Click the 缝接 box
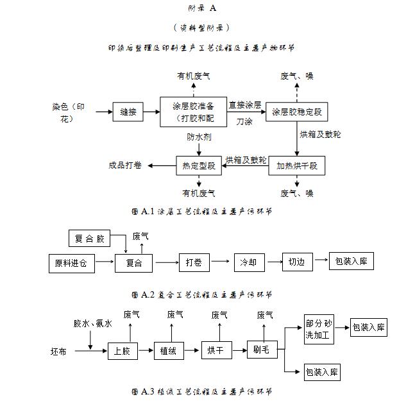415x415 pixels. [x=128, y=112]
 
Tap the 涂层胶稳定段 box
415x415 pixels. [x=297, y=112]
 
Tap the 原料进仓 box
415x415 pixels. [x=71, y=263]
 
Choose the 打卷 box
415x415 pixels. [x=194, y=262]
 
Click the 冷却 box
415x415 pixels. [x=248, y=262]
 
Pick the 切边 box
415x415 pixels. [x=296, y=262]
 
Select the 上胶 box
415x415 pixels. [x=122, y=351]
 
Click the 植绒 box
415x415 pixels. [x=169, y=350]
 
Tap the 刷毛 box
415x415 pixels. [x=260, y=350]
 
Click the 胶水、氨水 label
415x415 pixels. [x=92, y=324]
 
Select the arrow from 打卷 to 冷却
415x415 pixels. [x=220, y=262]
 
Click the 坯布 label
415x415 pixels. [x=58, y=351]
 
